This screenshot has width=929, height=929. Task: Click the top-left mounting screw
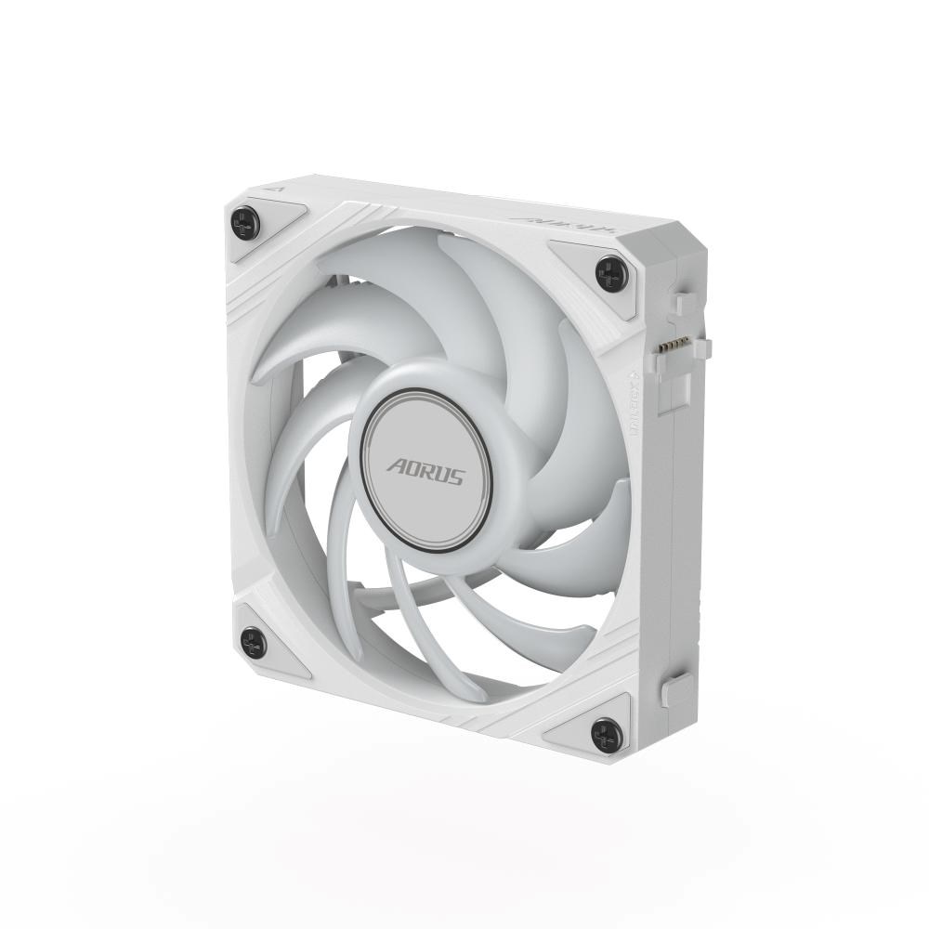point(244,222)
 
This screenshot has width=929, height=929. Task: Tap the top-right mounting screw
point(611,273)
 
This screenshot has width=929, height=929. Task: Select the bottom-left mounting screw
point(253,641)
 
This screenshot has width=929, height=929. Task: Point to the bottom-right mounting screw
point(606,734)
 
